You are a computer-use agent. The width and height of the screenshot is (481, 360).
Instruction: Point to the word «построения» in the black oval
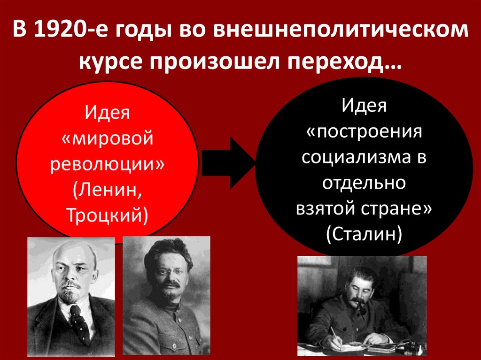[x=364, y=131]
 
